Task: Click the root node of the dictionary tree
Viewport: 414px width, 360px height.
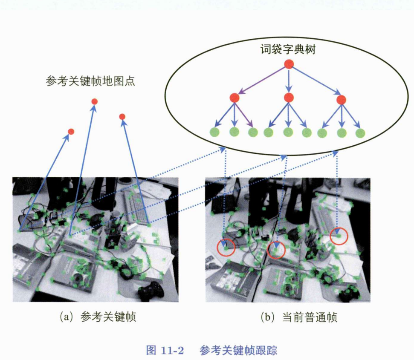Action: [x=289, y=64]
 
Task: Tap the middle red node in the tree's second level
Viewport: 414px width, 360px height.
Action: [x=289, y=98]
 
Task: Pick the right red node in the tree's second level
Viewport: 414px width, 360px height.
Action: [x=341, y=100]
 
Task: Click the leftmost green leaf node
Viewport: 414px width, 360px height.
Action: [x=214, y=132]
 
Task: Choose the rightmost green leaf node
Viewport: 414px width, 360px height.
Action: [x=360, y=133]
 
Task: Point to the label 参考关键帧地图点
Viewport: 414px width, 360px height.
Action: [x=90, y=81]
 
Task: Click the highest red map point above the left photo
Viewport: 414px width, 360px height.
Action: [x=95, y=101]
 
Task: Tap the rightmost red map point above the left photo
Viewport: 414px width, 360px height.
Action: [x=122, y=117]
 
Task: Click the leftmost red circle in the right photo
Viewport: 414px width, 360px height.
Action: [x=226, y=247]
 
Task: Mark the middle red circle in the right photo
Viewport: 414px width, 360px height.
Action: [x=276, y=249]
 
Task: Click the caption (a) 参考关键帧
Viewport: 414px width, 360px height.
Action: [x=98, y=317]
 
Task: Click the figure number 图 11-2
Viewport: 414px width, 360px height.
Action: [x=165, y=350]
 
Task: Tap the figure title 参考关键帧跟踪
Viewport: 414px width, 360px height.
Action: [x=238, y=350]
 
